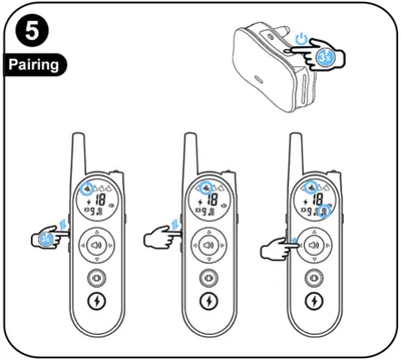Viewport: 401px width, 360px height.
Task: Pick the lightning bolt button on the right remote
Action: coord(314,301)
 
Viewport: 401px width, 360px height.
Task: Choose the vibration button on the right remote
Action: coord(314,277)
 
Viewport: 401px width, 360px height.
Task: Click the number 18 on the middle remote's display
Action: coord(210,200)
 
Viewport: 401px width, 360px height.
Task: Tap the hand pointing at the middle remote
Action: coord(161,240)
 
